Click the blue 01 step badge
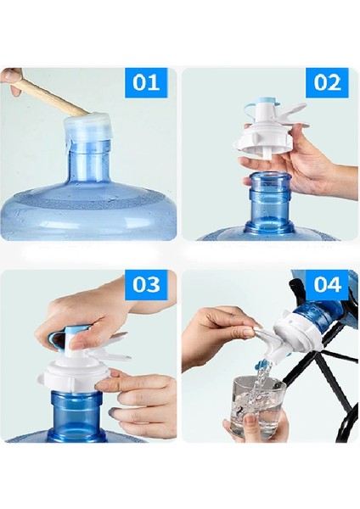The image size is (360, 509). click(146, 82)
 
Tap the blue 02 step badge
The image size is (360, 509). click(327, 82)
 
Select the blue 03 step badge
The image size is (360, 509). click(146, 284)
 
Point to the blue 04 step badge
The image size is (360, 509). click(328, 284)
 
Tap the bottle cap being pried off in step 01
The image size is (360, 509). click(87, 128)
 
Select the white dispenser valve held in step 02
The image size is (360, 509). click(273, 130)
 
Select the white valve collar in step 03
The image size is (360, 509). click(74, 376)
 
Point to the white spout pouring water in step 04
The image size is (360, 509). click(267, 341)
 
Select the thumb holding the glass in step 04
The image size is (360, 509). click(250, 422)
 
